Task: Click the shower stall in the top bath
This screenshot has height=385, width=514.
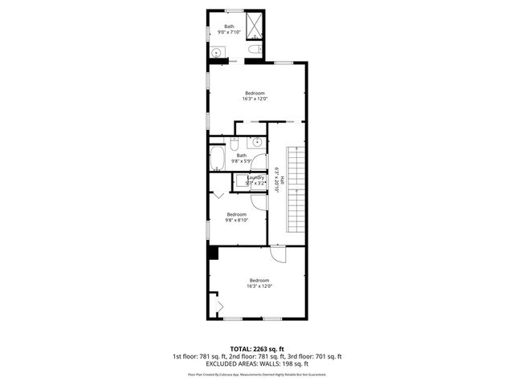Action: pos(255,25)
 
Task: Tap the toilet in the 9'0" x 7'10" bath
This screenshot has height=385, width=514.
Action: pos(254,51)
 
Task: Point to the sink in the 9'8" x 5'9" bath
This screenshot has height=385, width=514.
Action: pos(257,143)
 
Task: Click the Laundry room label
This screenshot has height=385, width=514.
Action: pos(244,177)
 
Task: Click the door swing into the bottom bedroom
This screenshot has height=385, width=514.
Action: pos(276,256)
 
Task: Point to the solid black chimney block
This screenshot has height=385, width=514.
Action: pos(213,253)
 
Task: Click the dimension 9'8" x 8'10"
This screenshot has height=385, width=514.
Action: pos(237,220)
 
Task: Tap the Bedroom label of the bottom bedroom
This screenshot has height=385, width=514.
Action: pos(259,280)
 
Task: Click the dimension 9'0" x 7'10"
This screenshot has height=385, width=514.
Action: pos(230,32)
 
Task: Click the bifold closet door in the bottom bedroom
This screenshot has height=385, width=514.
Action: pos(216,306)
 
